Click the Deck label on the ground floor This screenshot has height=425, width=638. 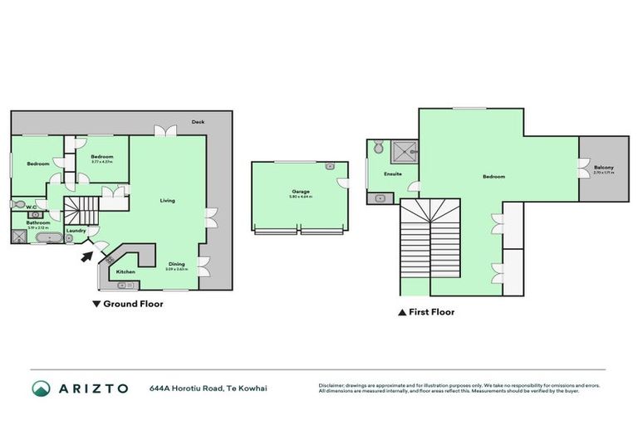point(198,121)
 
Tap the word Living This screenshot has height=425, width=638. point(167,201)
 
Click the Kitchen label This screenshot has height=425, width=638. point(125,271)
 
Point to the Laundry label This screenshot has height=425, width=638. point(76,231)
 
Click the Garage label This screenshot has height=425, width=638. point(300,192)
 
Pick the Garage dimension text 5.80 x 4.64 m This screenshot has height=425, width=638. point(300,198)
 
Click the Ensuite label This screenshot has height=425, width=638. point(393,174)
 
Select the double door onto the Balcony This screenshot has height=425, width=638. point(583,168)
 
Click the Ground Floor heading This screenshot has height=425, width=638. point(132,305)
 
